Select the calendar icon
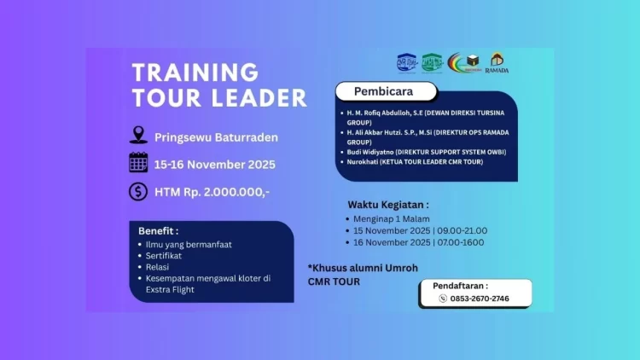(138, 163)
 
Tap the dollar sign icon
(138, 191)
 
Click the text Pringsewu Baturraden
(216, 136)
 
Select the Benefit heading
(159, 230)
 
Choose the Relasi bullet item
(159, 267)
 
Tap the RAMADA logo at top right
(497, 64)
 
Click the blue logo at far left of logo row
(406, 63)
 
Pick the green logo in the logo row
(433, 63)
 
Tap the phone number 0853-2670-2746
(480, 299)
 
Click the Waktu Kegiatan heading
(387, 205)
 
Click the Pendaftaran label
(460, 286)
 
